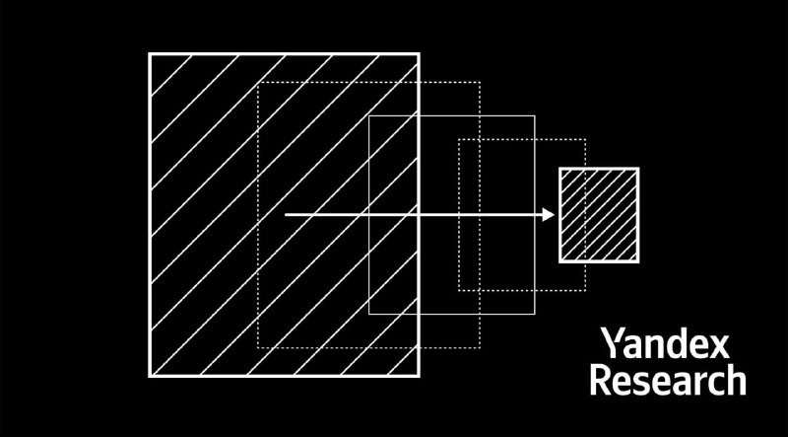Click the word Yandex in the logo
point(666,343)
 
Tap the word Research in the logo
point(668,381)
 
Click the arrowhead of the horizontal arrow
point(549,215)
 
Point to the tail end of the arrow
point(286,215)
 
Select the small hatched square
point(599,215)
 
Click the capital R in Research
point(600,381)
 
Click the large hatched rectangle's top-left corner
point(150,54)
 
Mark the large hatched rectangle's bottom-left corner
point(150,376)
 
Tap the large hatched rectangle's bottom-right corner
point(419,376)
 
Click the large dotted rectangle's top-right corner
point(480,82)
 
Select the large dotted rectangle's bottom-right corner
point(480,347)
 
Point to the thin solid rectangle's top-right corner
point(535,115)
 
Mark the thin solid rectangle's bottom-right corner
point(535,314)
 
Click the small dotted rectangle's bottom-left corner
point(459,290)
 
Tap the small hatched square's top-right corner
point(638,169)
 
